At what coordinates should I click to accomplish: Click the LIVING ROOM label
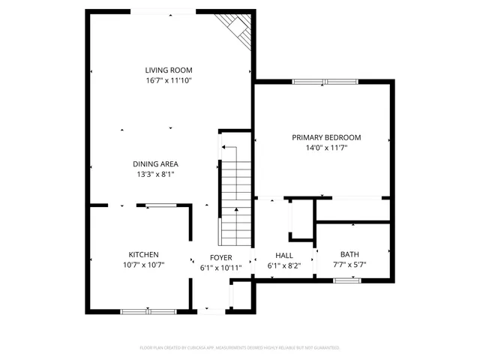click(169, 70)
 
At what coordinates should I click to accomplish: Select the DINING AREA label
click(155, 163)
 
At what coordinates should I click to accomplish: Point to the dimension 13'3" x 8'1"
click(155, 174)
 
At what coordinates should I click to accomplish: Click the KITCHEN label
click(143, 254)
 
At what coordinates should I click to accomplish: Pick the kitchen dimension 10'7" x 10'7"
click(143, 265)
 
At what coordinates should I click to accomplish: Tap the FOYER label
click(220, 257)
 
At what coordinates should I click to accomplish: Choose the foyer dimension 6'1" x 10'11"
click(220, 268)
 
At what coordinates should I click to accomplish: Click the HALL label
click(284, 255)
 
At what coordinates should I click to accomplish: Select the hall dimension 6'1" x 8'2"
click(284, 265)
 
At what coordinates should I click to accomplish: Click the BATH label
click(349, 254)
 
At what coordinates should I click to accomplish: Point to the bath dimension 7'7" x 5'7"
click(349, 265)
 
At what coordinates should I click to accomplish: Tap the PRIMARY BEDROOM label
click(326, 137)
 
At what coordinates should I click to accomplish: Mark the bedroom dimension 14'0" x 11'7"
click(326, 148)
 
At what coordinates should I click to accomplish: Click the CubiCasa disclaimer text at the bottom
click(240, 348)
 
